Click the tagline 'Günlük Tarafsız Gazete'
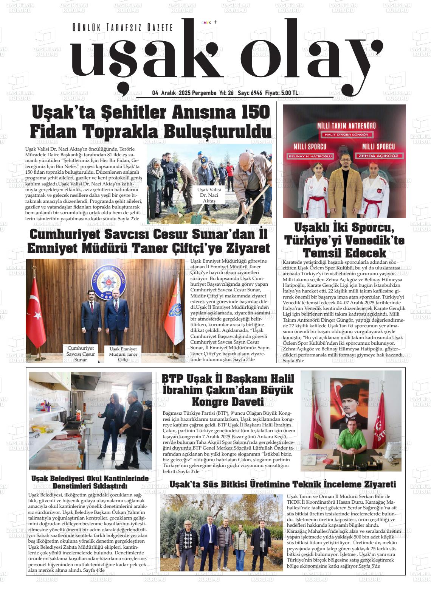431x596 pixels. pyautogui.click(x=123, y=28)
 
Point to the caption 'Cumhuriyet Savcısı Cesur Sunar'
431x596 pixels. pyautogui.click(x=81, y=354)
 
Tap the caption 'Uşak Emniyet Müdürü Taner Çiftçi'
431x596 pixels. pyautogui.click(x=123, y=354)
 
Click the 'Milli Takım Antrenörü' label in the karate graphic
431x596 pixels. pyautogui.click(x=344, y=126)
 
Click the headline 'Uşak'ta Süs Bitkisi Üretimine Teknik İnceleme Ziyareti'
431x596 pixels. pyautogui.click(x=282, y=484)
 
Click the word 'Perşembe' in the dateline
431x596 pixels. pyautogui.click(x=204, y=93)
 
